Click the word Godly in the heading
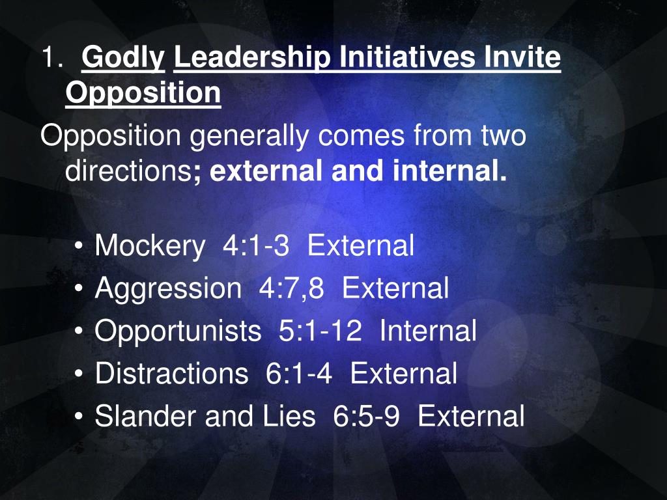click(x=123, y=59)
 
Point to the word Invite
click(x=522, y=59)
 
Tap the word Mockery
click(x=149, y=246)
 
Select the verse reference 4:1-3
click(x=255, y=246)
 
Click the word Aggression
click(x=167, y=288)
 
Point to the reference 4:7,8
click(x=291, y=288)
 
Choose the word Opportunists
click(x=177, y=331)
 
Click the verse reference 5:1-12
click(x=320, y=331)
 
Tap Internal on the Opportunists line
click(x=428, y=331)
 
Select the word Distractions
click(x=171, y=374)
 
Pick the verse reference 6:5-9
click(x=366, y=416)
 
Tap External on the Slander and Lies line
click(x=471, y=416)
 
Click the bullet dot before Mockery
click(x=79, y=248)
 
